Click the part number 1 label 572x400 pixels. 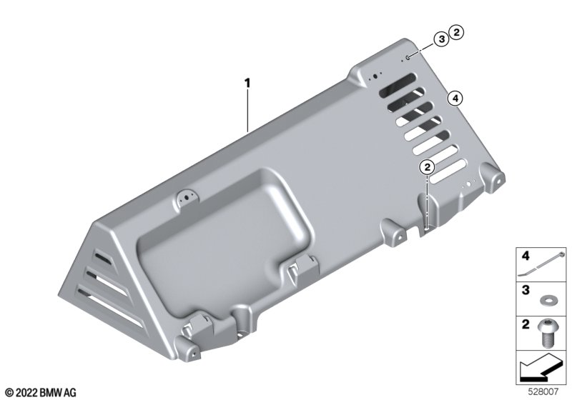point(247,84)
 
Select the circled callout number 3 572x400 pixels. point(441,39)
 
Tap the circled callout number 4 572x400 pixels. point(455,98)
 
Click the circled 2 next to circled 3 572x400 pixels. point(456,32)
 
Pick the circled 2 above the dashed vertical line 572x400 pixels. point(427,167)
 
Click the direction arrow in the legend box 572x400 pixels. point(541,369)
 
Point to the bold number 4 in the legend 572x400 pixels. point(526,256)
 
